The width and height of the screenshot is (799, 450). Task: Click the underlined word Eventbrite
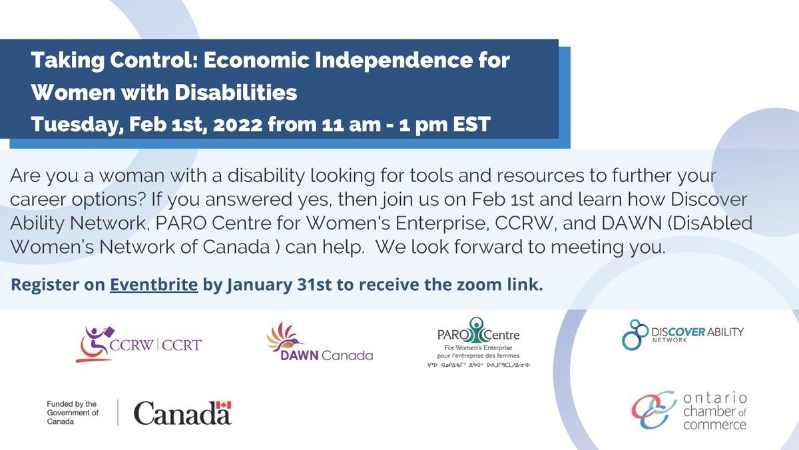pyautogui.click(x=154, y=286)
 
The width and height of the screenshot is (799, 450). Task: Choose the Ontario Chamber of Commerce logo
pyautogui.click(x=689, y=410)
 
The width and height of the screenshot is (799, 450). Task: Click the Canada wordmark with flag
pyautogui.click(x=182, y=413)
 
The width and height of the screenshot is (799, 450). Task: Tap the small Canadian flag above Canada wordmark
pyautogui.click(x=225, y=405)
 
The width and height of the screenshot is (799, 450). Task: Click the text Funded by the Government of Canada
pyautogui.click(x=72, y=413)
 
